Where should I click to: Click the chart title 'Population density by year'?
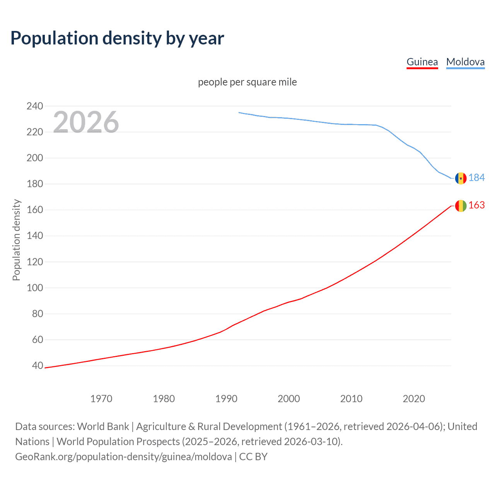pyautogui.click(x=117, y=38)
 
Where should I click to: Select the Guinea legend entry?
pyautogui.click(x=422, y=62)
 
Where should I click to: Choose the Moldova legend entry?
pyautogui.click(x=465, y=62)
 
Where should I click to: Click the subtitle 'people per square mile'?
pyautogui.click(x=247, y=82)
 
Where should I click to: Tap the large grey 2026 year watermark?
pyautogui.click(x=86, y=122)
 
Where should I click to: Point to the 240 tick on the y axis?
pyautogui.click(x=35, y=106)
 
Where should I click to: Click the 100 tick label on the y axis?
pyautogui.click(x=35, y=288)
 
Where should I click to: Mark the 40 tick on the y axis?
pyautogui.click(x=38, y=365)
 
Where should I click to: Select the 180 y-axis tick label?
pyautogui.click(x=35, y=184)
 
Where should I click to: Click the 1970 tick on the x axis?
pyautogui.click(x=101, y=399)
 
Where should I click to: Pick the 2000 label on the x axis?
pyautogui.click(x=289, y=399)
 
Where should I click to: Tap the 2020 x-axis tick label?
pyautogui.click(x=414, y=399)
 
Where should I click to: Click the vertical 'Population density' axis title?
pyautogui.click(x=16, y=240)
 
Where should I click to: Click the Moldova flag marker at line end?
pyautogui.click(x=461, y=178)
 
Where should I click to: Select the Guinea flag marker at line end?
pyautogui.click(x=461, y=206)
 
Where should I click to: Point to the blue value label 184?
pyautogui.click(x=476, y=178)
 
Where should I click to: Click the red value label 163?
pyautogui.click(x=476, y=205)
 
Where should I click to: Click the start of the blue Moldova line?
pyautogui.click(x=239, y=113)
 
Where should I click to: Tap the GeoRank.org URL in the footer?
pyautogui.click(x=123, y=457)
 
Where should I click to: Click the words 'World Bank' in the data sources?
pyautogui.click(x=103, y=427)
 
